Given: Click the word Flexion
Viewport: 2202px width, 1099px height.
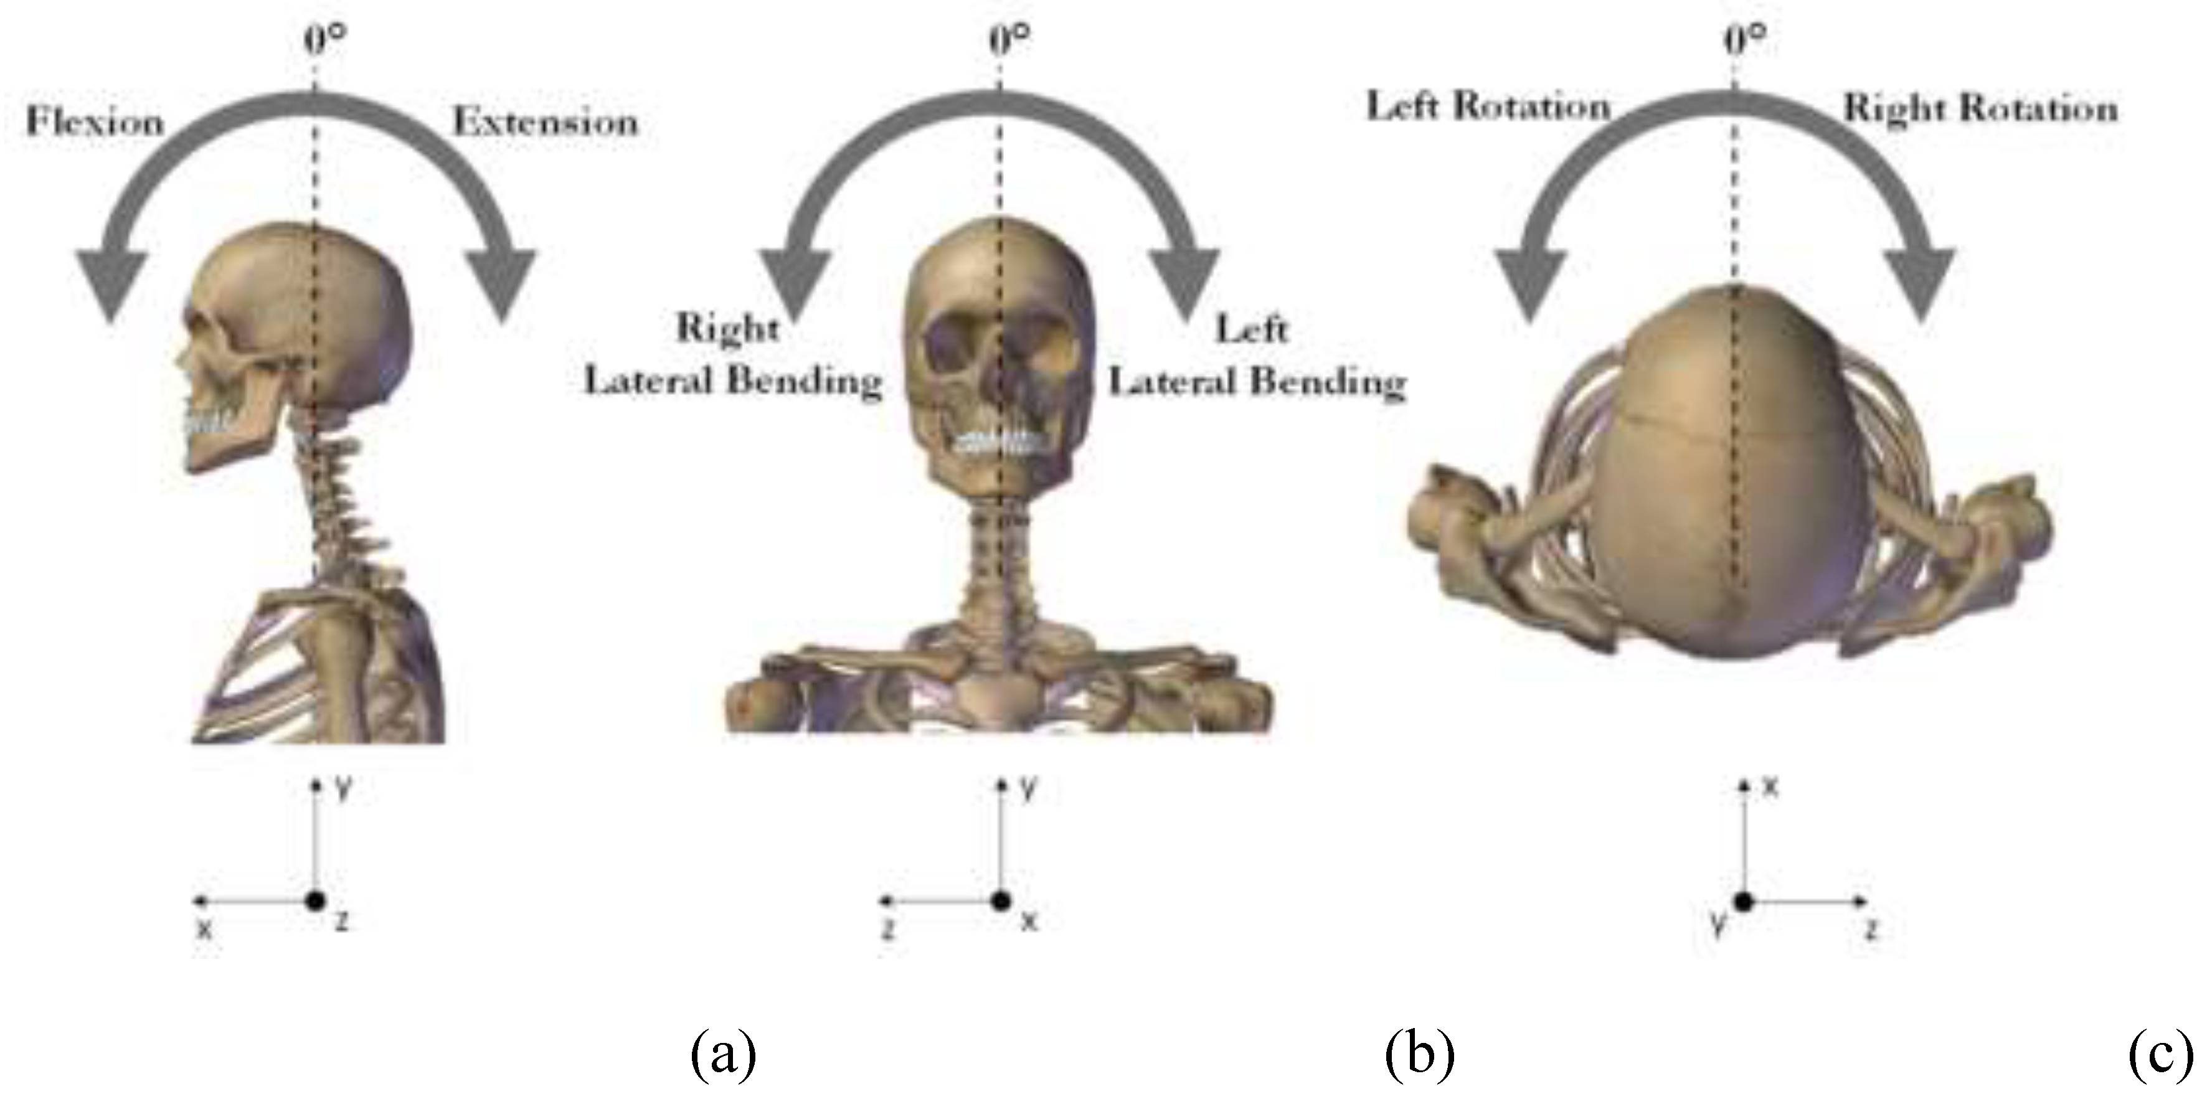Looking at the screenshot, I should pyautogui.click(x=95, y=121).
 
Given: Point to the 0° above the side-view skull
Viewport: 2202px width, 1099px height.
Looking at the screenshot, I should pyautogui.click(x=326, y=39).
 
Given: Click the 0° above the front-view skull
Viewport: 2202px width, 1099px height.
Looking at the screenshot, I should pyautogui.click(x=1009, y=39).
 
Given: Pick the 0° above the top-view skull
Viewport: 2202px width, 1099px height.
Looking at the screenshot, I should pyautogui.click(x=1745, y=39).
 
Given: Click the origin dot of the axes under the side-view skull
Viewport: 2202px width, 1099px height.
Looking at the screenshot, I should pyautogui.click(x=316, y=900).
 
